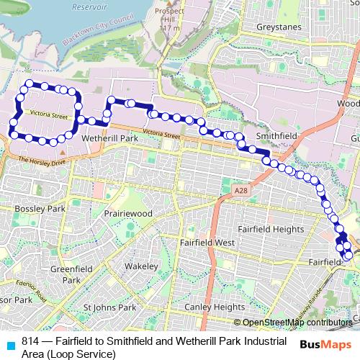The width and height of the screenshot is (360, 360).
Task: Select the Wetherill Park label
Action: [109, 138]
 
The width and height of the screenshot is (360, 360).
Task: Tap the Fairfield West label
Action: [208, 243]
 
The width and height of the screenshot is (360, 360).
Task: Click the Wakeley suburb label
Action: [140, 266]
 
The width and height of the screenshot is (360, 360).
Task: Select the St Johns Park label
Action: [109, 307]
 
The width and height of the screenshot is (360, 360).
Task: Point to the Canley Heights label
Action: [215, 307]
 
